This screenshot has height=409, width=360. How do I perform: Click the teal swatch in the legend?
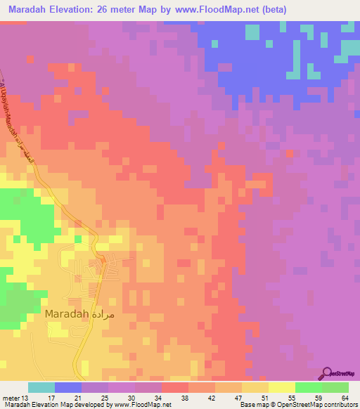(x=41, y=387)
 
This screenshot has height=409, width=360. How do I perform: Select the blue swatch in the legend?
(x=68, y=387)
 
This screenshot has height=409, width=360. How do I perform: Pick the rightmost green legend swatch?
(x=335, y=387)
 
